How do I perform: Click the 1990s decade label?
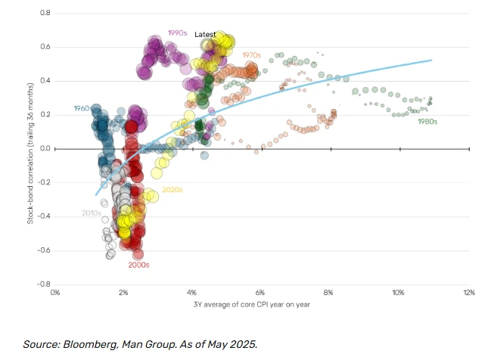coord(177,33)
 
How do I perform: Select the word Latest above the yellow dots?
coord(205,35)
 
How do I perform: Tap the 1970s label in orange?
coord(251,55)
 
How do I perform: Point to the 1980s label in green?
coord(428,121)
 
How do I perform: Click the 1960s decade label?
coord(82,109)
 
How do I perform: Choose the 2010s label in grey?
coord(92,213)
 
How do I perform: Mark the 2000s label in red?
coord(138,265)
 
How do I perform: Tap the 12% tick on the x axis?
coord(468,291)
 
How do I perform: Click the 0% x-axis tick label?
coord(54,291)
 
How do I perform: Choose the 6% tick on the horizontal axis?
coord(261,291)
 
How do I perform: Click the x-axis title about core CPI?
coord(261,304)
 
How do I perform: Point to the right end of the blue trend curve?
coord(431,60)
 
